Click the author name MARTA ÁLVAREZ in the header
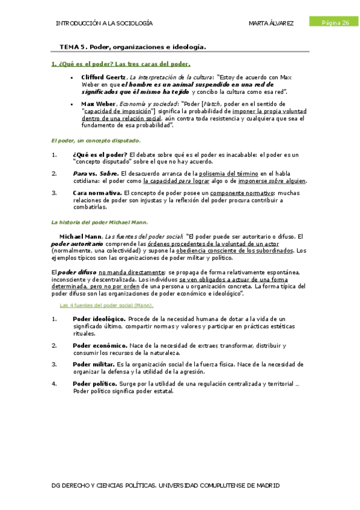[x=271, y=23]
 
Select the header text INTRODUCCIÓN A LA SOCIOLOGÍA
[x=103, y=23]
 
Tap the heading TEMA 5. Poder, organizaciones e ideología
[x=132, y=46]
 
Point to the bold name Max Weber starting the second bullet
[x=97, y=103]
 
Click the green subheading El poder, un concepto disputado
[x=95, y=141]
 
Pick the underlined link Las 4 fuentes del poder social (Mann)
[x=107, y=305]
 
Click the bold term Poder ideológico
[x=99, y=319]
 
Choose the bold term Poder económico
[x=100, y=346]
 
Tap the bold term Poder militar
[x=94, y=364]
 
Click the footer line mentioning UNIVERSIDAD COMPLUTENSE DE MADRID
[x=166, y=485]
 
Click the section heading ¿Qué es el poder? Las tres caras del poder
[x=120, y=64]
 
